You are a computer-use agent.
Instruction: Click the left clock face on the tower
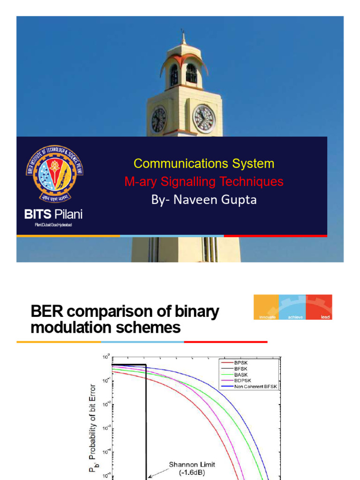tap(158, 119)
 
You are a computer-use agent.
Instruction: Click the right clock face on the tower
tap(204, 118)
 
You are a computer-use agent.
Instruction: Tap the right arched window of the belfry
tap(191, 74)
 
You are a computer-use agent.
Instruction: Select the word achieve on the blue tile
tap(292, 317)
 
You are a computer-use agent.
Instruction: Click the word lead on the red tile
tap(326, 317)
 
